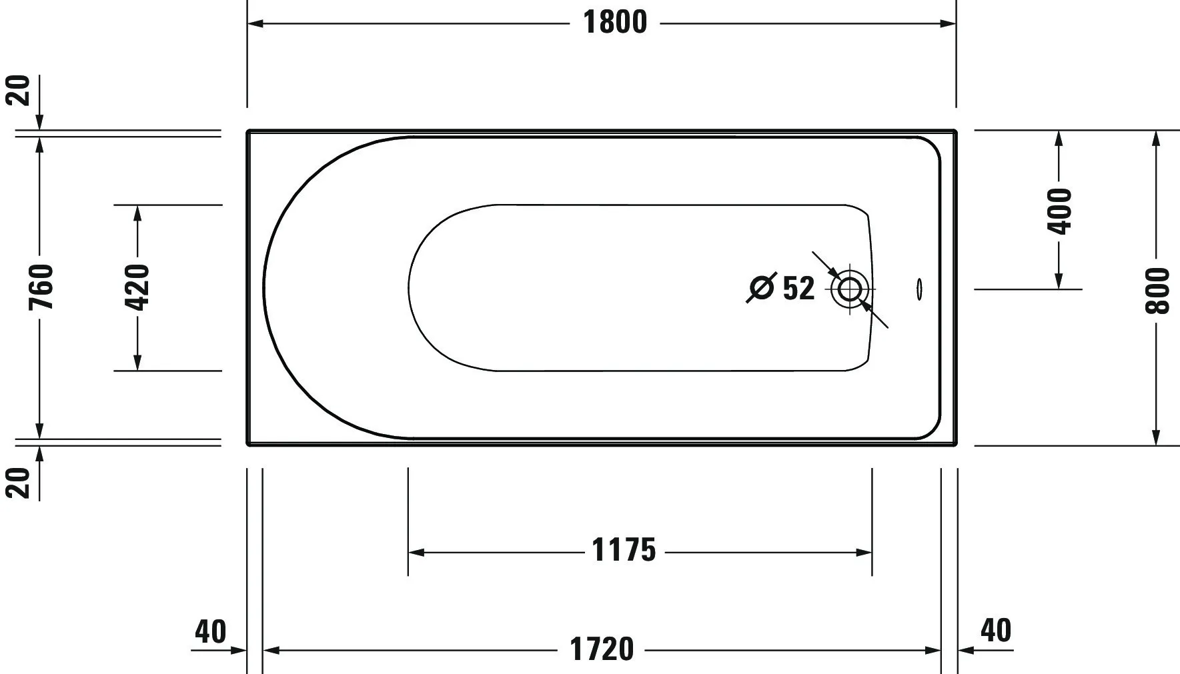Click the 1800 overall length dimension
point(615,23)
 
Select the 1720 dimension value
point(602,649)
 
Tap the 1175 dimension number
point(624,551)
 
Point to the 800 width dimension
point(1157,291)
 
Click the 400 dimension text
point(1059,211)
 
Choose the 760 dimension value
point(41,287)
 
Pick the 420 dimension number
point(137,287)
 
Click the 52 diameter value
point(798,288)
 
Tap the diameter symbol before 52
point(761,288)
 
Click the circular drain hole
point(850,289)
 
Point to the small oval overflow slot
point(920,289)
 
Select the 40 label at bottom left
point(211,631)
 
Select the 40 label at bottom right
point(996,630)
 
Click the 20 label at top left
point(19,90)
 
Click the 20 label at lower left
point(19,483)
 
